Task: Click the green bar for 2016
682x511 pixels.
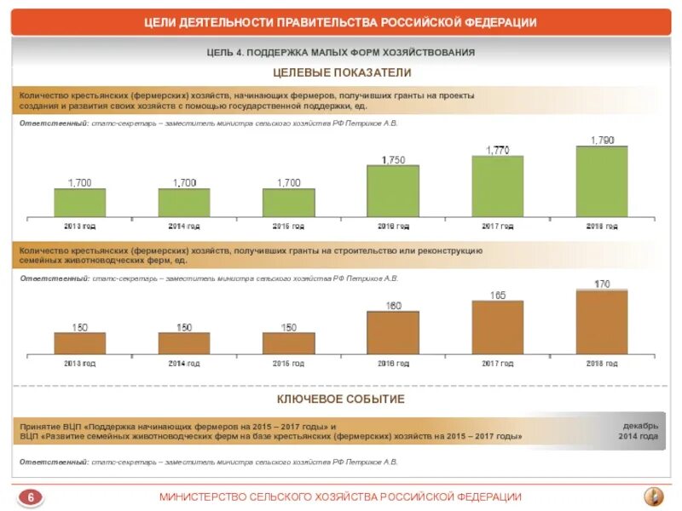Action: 393,191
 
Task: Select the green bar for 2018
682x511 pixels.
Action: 602,181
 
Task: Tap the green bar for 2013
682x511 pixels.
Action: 80,203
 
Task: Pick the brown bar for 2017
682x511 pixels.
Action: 498,328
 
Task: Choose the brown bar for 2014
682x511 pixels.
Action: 184,343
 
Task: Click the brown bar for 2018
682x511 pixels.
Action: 602,322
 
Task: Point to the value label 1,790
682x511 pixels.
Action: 602,139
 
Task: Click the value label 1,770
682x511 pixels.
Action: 498,150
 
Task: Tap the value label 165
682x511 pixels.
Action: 498,296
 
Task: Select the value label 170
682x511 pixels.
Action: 602,284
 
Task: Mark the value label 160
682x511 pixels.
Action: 393,305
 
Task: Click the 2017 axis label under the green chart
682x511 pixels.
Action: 498,227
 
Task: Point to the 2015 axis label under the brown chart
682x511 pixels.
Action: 288,364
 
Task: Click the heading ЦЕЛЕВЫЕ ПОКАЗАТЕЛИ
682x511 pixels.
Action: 342,73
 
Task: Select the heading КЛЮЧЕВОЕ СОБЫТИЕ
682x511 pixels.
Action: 341,399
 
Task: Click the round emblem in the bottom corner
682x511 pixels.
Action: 651,496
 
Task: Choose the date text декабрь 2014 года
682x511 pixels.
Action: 639,430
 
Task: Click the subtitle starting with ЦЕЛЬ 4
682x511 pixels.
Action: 341,53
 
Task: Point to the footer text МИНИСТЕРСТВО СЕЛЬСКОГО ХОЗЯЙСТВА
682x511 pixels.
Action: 341,497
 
